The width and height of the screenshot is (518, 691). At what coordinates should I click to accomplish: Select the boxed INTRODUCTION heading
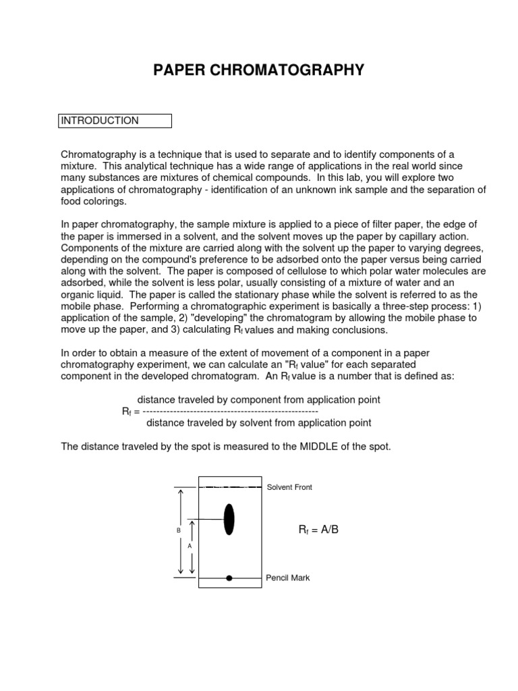tap(116, 121)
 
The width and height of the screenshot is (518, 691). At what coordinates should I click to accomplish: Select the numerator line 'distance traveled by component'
tap(258, 400)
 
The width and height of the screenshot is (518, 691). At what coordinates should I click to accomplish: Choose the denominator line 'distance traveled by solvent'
tap(258, 423)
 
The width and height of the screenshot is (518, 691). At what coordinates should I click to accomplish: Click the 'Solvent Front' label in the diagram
tap(289, 487)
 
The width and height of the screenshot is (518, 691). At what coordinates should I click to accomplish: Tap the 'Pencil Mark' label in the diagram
tap(288, 578)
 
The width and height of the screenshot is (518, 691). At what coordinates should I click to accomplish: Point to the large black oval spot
tap(229, 518)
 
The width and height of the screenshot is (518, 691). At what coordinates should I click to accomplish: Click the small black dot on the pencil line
tap(229, 578)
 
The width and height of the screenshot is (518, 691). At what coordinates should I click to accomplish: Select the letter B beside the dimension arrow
tap(179, 531)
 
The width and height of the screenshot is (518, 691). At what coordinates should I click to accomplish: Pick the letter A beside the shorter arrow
tap(190, 545)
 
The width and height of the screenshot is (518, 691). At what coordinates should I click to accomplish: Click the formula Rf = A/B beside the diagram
tap(318, 530)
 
